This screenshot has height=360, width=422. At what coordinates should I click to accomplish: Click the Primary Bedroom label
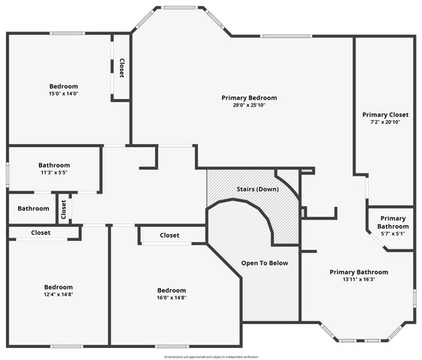point(249,97)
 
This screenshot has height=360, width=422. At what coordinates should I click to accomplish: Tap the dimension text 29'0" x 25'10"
point(249,106)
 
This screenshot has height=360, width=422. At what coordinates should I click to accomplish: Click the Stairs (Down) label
point(257,189)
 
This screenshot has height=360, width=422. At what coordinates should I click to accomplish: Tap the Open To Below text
point(264,263)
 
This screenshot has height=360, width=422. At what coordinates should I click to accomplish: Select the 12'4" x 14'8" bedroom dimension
point(58,295)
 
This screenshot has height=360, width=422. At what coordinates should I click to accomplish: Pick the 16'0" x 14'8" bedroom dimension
point(171,298)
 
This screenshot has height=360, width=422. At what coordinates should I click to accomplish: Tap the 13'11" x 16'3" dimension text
point(359,280)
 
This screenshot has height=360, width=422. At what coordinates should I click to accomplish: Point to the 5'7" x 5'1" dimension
point(392,234)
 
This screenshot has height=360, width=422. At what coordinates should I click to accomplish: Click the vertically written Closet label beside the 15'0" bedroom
point(121,68)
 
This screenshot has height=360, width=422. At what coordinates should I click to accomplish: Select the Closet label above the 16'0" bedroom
point(169,235)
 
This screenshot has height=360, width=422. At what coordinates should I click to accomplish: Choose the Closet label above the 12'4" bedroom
point(40,233)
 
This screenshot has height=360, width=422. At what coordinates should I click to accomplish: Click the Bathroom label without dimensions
point(33,209)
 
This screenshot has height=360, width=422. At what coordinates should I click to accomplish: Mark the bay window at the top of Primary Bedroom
point(180,8)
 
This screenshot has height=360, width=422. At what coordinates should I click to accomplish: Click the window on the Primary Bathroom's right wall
point(414,298)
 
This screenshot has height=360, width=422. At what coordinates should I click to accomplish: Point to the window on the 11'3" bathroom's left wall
point(7,172)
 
